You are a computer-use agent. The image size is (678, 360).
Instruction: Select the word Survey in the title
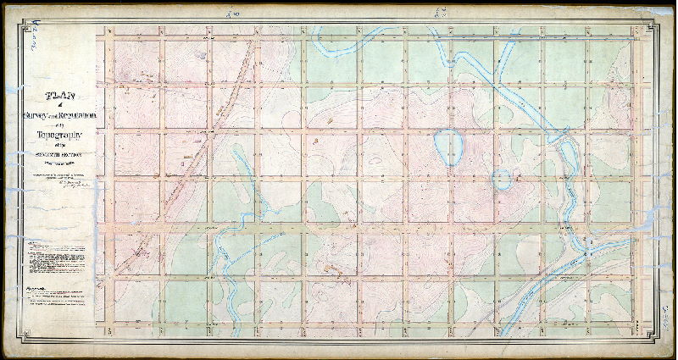click(x=42, y=114)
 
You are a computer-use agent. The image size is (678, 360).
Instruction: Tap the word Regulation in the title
click(x=81, y=114)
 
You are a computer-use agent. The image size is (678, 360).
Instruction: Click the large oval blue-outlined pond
click(x=448, y=146)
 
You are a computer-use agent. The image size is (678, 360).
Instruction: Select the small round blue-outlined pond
click(x=502, y=180)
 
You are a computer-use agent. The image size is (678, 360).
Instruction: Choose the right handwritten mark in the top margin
click(x=439, y=12)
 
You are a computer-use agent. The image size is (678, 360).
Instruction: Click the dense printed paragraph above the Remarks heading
click(x=59, y=258)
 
